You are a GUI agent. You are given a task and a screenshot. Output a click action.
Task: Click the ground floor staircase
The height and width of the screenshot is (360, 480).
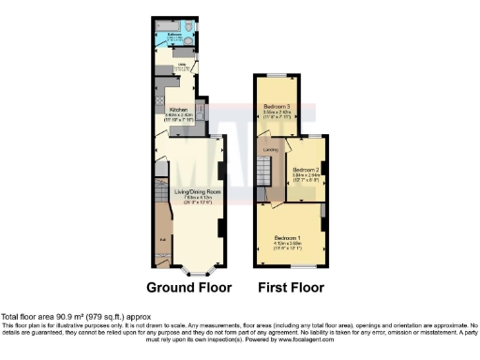pyautogui.click(x=161, y=197)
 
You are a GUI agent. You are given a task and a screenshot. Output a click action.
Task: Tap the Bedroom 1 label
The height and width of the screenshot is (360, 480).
pyautogui.click(x=287, y=238)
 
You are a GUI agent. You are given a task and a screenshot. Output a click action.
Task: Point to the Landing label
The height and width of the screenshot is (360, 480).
pyautogui.click(x=269, y=148)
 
